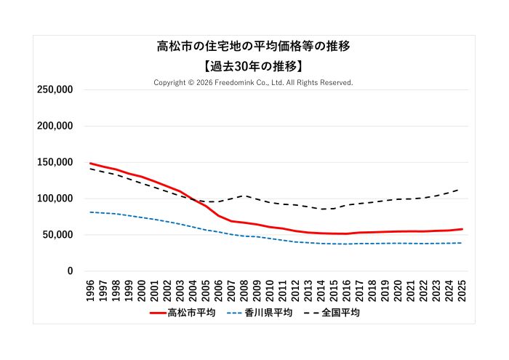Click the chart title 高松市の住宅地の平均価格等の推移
pyautogui.click(x=254, y=47)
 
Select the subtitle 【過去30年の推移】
pyautogui.click(x=254, y=65)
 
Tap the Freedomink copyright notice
pyautogui.click(x=254, y=82)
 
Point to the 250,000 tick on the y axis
pyautogui.click(x=54, y=89)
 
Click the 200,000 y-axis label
pyautogui.click(x=54, y=126)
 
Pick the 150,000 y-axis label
pyautogui.click(x=54, y=162)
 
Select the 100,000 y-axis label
pyautogui.click(x=54, y=199)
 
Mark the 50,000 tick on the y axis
pyautogui.click(x=57, y=235)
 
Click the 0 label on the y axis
pyautogui.click(x=70, y=271)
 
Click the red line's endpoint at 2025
pyautogui.click(x=462, y=229)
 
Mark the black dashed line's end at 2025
pyautogui.click(x=462, y=188)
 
